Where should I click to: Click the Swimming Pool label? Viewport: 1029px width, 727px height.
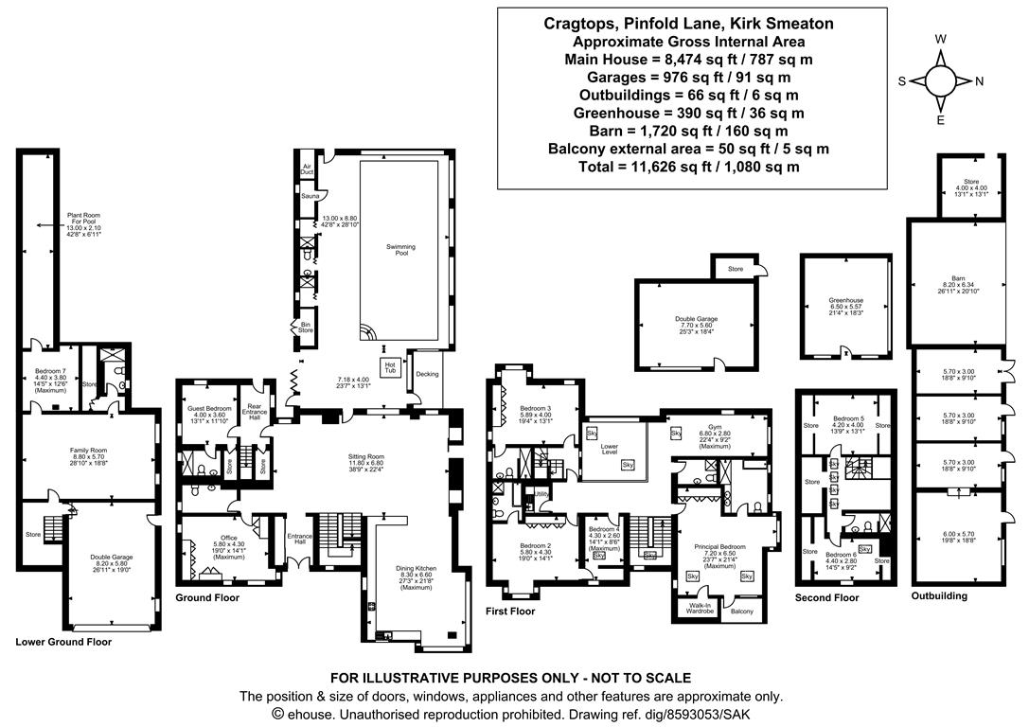click(400, 251)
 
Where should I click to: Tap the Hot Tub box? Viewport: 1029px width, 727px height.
click(389, 365)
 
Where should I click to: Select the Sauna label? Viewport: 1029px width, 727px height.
click(308, 195)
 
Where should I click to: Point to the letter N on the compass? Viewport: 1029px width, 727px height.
click(979, 81)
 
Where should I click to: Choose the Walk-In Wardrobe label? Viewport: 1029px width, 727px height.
click(700, 609)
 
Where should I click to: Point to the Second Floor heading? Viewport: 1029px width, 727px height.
click(826, 597)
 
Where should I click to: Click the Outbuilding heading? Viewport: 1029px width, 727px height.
click(939, 596)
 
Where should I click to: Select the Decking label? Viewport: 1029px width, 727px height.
click(427, 374)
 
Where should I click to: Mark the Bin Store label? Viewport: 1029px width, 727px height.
click(306, 327)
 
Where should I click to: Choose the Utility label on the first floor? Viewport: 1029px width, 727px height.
click(542, 494)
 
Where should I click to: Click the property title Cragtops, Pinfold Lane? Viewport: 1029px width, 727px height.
click(688, 24)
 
